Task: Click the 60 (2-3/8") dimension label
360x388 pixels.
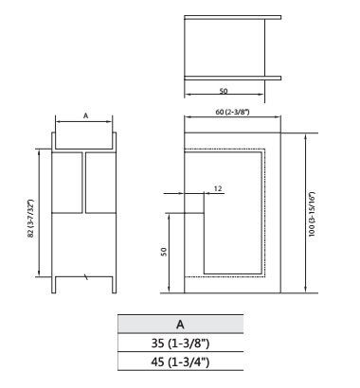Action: click(232, 112)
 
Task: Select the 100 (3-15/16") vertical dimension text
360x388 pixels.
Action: click(312, 214)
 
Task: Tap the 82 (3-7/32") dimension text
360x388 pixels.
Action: click(31, 218)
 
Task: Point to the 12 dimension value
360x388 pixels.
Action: click(218, 188)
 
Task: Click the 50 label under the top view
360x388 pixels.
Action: click(224, 91)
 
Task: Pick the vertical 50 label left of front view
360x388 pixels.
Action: click(164, 252)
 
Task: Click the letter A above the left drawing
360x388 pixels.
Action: click(85, 115)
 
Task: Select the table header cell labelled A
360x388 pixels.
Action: click(181, 325)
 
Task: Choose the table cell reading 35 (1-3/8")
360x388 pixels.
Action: click(181, 343)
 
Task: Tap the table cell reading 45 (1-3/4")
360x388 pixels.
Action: click(181, 362)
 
